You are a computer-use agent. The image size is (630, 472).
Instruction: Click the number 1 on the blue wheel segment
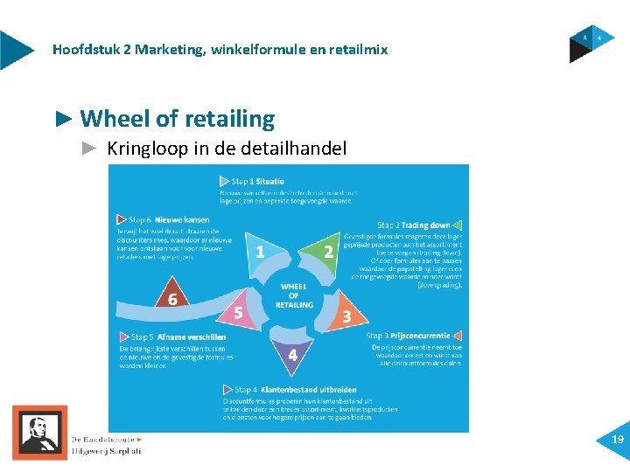click(259, 253)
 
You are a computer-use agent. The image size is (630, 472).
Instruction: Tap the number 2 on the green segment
click(328, 253)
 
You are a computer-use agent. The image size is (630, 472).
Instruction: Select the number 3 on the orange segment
click(346, 316)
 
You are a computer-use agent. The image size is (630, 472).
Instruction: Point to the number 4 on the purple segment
click(293, 355)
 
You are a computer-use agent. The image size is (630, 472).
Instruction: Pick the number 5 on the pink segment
click(238, 312)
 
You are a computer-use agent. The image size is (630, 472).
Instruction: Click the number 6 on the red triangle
click(172, 299)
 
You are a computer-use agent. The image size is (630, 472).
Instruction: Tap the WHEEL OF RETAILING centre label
click(294, 295)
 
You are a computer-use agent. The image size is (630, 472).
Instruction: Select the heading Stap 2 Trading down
click(414, 226)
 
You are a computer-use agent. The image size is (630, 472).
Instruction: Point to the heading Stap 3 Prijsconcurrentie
click(408, 336)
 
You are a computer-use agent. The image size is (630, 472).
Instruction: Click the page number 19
click(618, 441)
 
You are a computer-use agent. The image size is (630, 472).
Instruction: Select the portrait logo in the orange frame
click(39, 433)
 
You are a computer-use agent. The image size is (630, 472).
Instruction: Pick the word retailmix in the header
click(359, 50)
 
